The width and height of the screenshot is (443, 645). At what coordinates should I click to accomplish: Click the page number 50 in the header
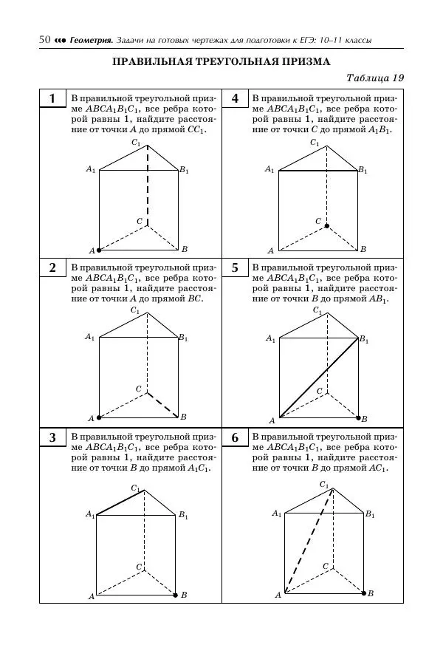[x=44, y=39]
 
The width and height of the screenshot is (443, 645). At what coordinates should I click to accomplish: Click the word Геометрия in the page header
[x=91, y=40]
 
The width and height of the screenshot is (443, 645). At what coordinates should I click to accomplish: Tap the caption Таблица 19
[x=375, y=78]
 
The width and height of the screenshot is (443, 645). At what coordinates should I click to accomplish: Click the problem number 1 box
[x=52, y=99]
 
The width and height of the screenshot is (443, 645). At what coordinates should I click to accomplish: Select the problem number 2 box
[x=52, y=267]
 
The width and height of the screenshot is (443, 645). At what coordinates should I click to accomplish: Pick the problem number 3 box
[x=52, y=437]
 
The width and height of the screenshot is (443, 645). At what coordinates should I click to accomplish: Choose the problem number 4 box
[x=235, y=99]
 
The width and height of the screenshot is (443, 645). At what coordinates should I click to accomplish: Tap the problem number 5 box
[x=235, y=267]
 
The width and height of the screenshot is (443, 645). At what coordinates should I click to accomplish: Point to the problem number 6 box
[x=235, y=437]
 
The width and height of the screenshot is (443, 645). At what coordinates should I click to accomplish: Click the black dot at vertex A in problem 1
[x=100, y=250]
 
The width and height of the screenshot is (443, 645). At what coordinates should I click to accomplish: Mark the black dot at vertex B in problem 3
[x=175, y=594]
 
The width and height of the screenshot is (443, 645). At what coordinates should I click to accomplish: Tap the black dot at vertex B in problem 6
[x=364, y=593]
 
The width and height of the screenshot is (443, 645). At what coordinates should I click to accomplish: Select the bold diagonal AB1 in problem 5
[x=319, y=378]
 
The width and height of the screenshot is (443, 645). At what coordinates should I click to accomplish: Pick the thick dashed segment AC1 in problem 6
[x=309, y=541]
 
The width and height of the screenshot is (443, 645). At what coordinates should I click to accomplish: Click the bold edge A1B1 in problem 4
[x=317, y=171]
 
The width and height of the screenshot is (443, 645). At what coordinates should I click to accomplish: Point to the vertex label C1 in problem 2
[x=135, y=310]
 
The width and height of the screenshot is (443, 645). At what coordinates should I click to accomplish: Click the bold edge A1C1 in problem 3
[x=122, y=502]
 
